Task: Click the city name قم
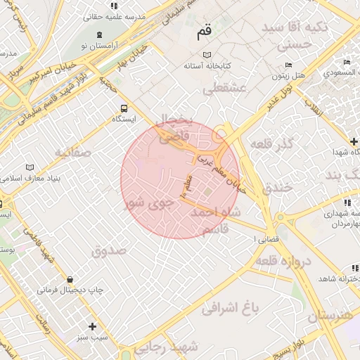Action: click(x=205, y=31)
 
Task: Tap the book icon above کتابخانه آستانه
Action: click(x=206, y=55)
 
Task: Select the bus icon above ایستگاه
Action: click(x=124, y=108)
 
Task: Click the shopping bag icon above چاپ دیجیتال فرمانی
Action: click(x=69, y=279)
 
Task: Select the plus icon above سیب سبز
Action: click(x=93, y=326)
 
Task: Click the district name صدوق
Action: click(x=108, y=250)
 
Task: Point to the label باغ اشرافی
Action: click(x=231, y=307)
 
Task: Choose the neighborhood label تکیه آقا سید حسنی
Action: click(x=295, y=35)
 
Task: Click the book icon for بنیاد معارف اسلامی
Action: click(x=29, y=167)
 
